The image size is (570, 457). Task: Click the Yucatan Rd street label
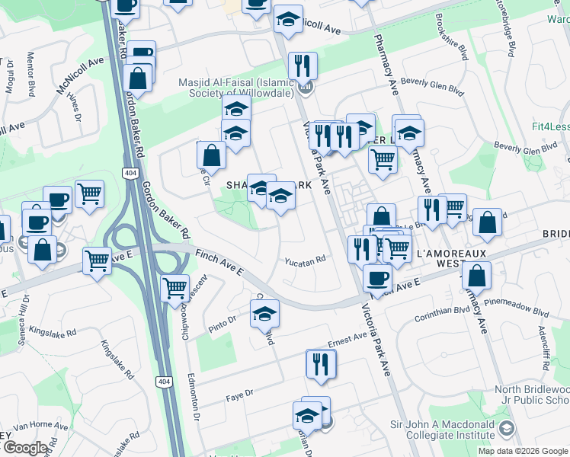[x=306, y=258]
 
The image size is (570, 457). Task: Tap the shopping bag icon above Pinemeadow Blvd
[x=477, y=275]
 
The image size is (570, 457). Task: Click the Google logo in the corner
[x=25, y=448]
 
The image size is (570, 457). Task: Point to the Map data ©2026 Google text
[x=523, y=451]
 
